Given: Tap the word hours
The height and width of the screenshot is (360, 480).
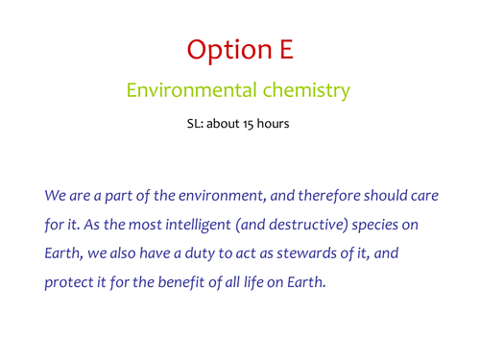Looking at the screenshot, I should [277, 124].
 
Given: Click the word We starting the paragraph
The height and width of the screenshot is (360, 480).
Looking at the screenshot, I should [55, 194].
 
